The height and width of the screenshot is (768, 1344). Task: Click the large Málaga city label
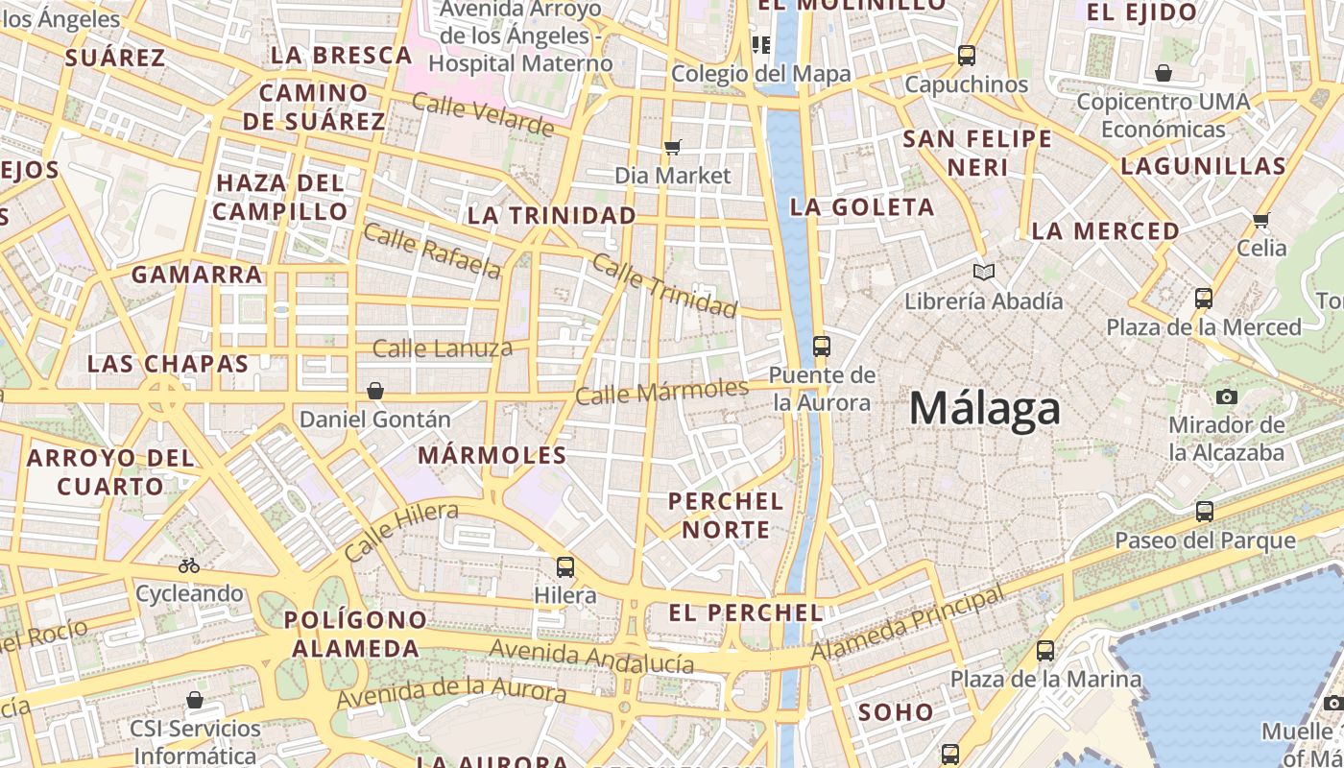(x=985, y=409)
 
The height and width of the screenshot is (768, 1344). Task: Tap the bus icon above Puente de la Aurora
(x=822, y=346)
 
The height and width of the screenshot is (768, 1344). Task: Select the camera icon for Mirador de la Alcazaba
(x=1226, y=396)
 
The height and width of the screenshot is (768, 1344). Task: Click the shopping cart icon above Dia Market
(x=673, y=147)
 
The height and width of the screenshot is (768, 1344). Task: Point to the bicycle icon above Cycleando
(x=189, y=565)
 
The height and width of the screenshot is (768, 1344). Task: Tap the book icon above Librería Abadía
(x=984, y=272)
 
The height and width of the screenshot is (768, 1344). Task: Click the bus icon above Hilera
(x=565, y=566)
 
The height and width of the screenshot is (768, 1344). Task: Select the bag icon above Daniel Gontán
(x=375, y=391)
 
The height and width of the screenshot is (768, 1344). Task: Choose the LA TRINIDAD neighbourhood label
(x=552, y=215)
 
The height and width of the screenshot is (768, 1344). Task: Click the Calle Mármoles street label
(x=661, y=391)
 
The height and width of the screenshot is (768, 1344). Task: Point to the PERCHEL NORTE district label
(x=726, y=515)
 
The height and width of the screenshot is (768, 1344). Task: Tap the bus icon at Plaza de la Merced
(x=1204, y=298)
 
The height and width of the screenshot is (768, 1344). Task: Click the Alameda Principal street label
(x=907, y=623)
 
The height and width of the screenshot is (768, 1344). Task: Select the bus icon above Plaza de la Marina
(x=1045, y=651)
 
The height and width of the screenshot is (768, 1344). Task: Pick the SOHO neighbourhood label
(x=896, y=711)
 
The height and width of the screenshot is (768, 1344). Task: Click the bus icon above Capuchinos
(x=967, y=56)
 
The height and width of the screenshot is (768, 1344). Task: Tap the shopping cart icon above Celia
(x=1261, y=220)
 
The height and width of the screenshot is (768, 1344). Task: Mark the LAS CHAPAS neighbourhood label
(x=168, y=364)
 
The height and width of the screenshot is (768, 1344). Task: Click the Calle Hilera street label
(x=400, y=532)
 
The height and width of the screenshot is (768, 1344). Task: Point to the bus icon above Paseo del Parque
(x=1205, y=511)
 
